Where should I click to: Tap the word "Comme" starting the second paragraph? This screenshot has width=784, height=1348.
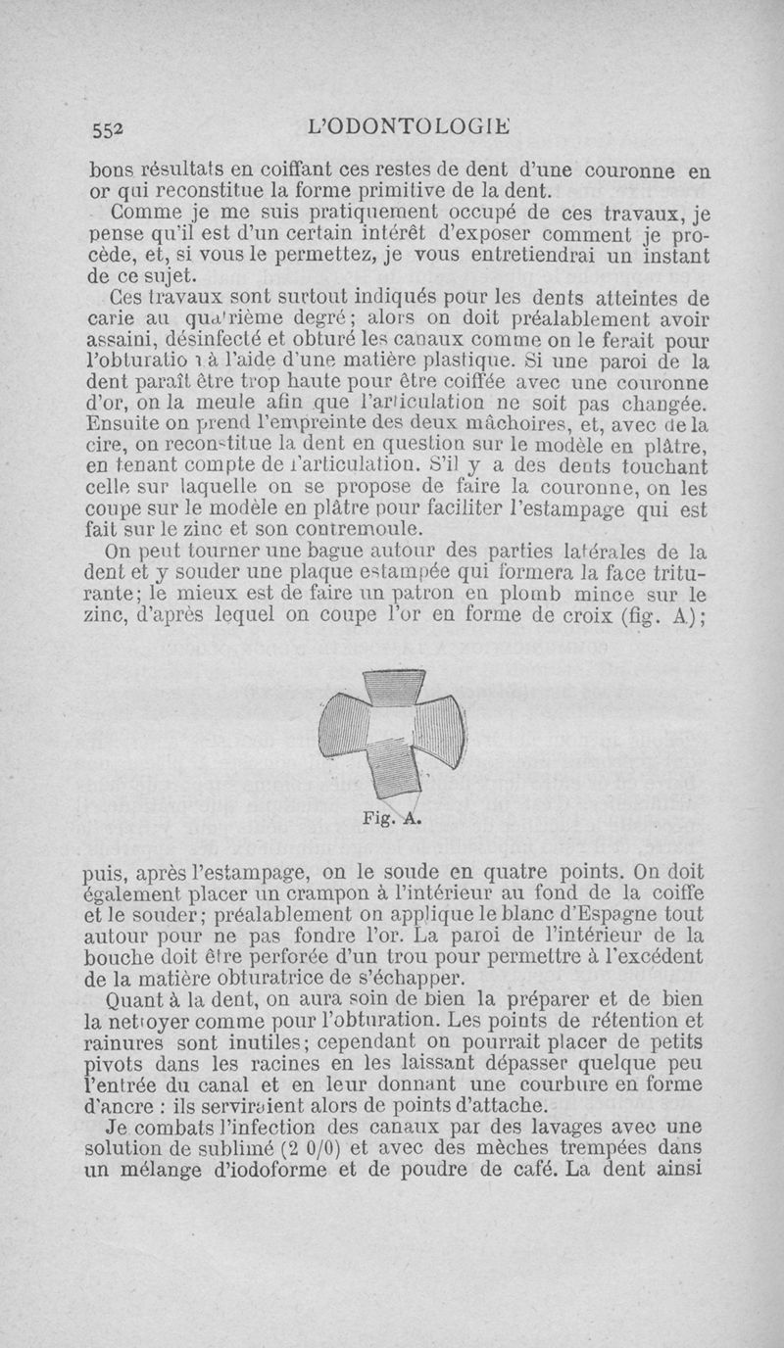click(x=147, y=211)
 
